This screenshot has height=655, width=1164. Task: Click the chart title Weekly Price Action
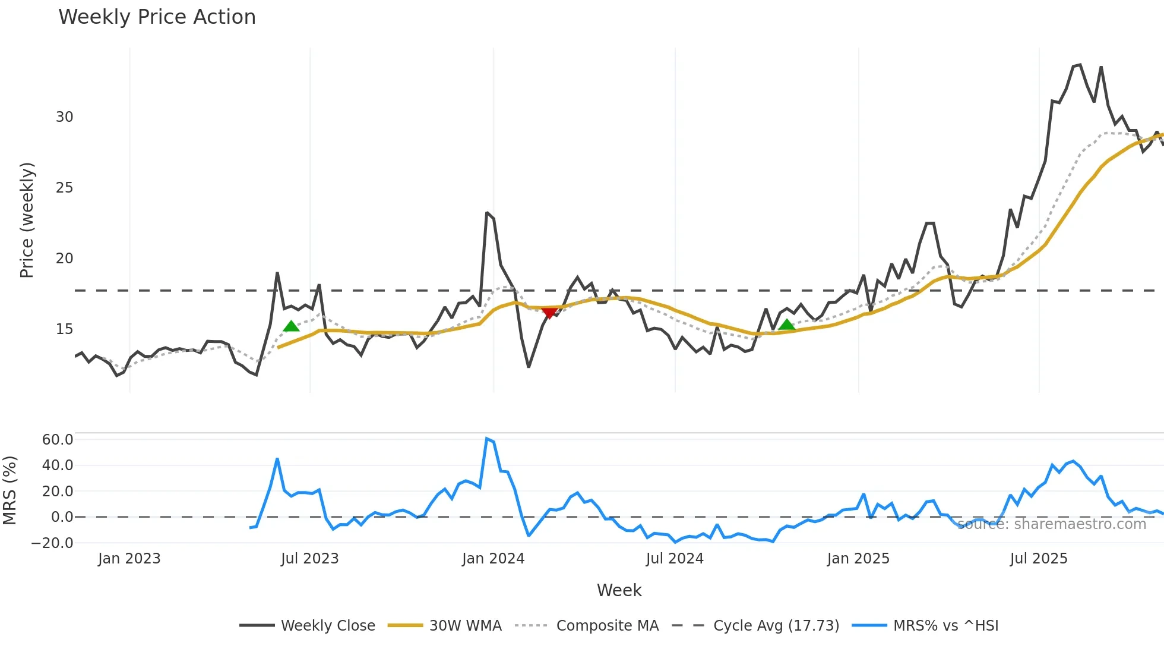[157, 17]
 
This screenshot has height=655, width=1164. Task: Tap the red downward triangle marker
[549, 313]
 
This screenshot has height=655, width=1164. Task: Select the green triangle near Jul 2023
[291, 326]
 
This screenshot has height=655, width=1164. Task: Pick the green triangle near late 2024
[787, 325]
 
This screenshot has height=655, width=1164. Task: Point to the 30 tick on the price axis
[65, 117]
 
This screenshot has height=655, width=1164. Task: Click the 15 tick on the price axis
[65, 329]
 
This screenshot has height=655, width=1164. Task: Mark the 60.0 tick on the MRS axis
[58, 440]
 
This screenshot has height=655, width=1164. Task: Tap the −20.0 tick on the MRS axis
[52, 543]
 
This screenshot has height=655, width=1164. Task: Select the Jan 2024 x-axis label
[493, 559]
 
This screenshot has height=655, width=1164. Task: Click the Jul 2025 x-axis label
[1039, 559]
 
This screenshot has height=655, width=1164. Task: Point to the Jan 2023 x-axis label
[129, 559]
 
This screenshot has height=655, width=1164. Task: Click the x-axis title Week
[619, 590]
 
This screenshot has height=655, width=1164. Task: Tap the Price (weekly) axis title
[27, 220]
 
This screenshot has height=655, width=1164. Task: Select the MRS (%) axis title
[10, 490]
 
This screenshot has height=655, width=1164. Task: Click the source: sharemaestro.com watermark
[1051, 524]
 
